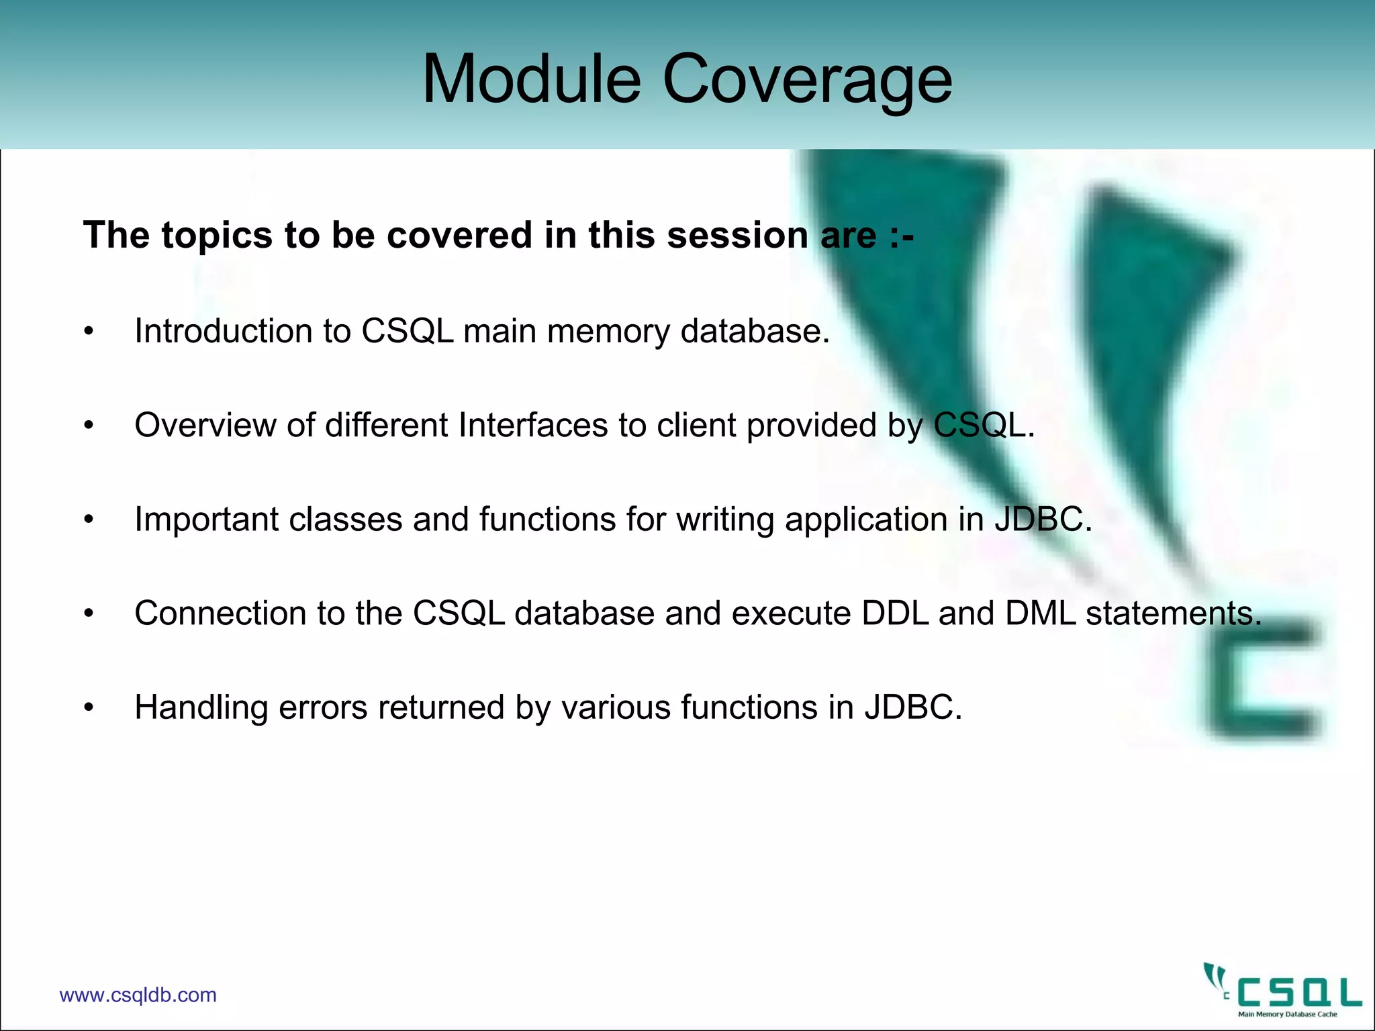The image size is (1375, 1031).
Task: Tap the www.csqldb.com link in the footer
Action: point(138,995)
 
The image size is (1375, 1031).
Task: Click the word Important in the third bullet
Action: point(206,519)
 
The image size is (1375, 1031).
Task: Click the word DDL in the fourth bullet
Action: point(894,613)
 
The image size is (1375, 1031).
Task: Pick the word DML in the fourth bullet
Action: point(1040,613)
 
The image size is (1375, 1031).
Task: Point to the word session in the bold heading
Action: point(737,235)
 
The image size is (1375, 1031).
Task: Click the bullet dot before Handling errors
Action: point(89,707)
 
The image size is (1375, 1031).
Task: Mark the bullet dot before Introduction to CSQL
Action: point(89,332)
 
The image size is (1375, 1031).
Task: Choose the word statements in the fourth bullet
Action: point(1174,613)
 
